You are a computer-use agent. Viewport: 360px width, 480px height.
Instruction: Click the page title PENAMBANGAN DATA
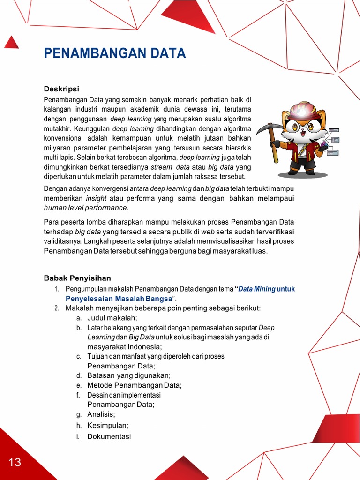point(115,53)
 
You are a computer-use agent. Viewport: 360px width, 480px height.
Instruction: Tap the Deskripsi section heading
point(61,89)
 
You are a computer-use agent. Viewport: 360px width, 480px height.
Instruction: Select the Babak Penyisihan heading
point(77,278)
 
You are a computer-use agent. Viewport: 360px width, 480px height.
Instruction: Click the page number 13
point(15,462)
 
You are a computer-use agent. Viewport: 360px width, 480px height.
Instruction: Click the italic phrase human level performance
point(85,208)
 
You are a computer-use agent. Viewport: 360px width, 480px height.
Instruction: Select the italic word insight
point(96,198)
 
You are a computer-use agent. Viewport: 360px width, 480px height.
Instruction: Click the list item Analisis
point(101,414)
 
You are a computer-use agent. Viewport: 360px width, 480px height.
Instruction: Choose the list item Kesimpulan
point(107,425)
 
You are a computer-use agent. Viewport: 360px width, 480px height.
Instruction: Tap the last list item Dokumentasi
point(109,436)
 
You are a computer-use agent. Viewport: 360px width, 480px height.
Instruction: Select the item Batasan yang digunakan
point(129,375)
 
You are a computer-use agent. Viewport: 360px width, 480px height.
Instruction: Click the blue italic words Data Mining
point(256,289)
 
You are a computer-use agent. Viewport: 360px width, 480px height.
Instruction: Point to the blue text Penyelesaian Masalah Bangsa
point(119,298)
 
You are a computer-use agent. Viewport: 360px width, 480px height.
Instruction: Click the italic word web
point(208,232)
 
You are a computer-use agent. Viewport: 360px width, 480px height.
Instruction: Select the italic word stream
point(161,167)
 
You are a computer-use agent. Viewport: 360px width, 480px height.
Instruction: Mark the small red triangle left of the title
point(12,43)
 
